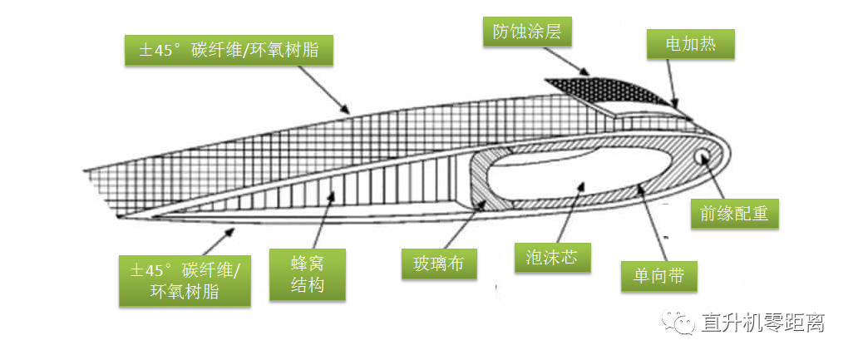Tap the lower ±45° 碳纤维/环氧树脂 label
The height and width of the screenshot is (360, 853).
point(185,280)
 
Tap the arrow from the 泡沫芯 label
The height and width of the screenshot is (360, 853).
point(565,212)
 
